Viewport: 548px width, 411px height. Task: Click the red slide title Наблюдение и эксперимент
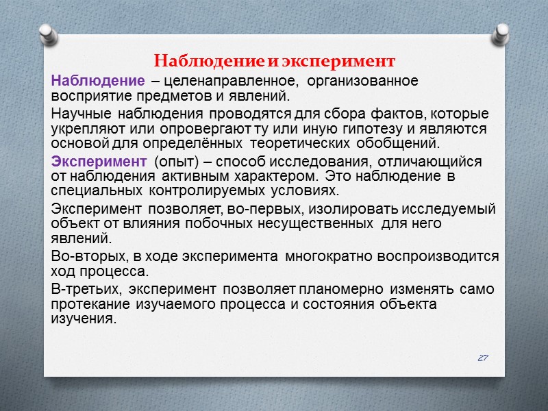click(274, 61)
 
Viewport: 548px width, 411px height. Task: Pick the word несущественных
click(314, 223)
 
